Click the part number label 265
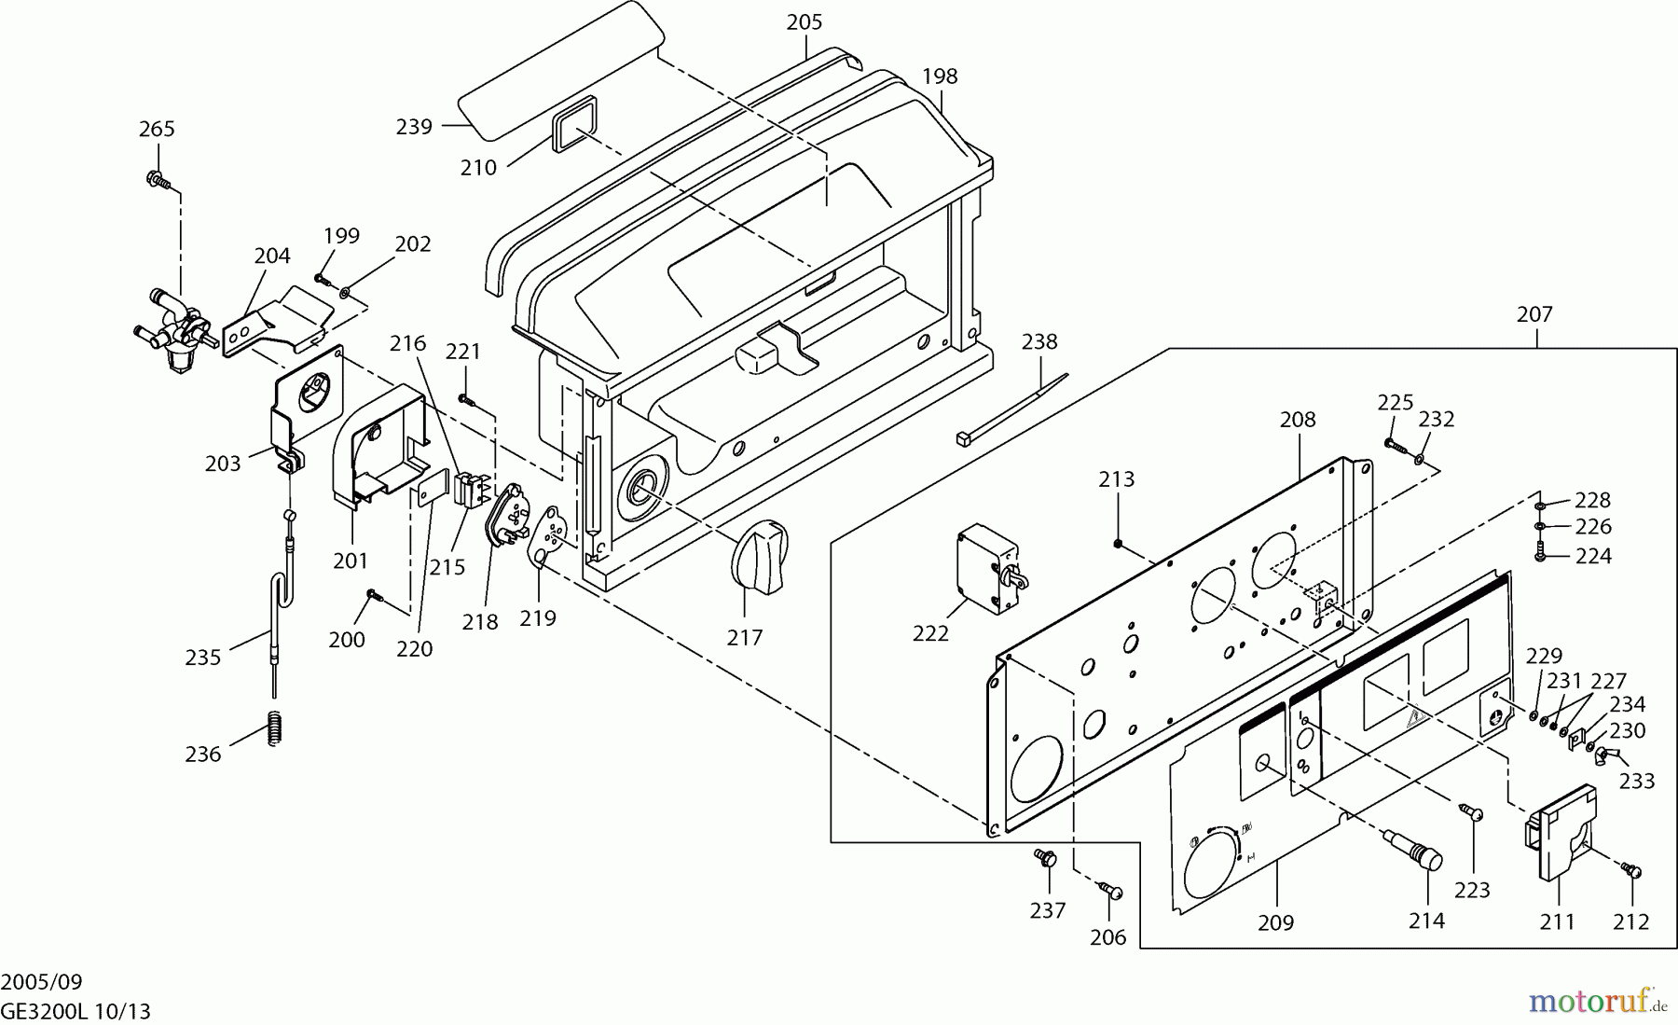[157, 129]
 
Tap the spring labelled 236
[274, 727]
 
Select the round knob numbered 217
[759, 556]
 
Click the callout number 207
[1534, 314]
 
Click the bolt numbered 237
[1044, 857]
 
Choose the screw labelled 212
[1631, 870]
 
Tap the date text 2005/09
[42, 981]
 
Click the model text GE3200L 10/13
[76, 1011]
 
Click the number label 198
[940, 76]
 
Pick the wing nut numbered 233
[1606, 754]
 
